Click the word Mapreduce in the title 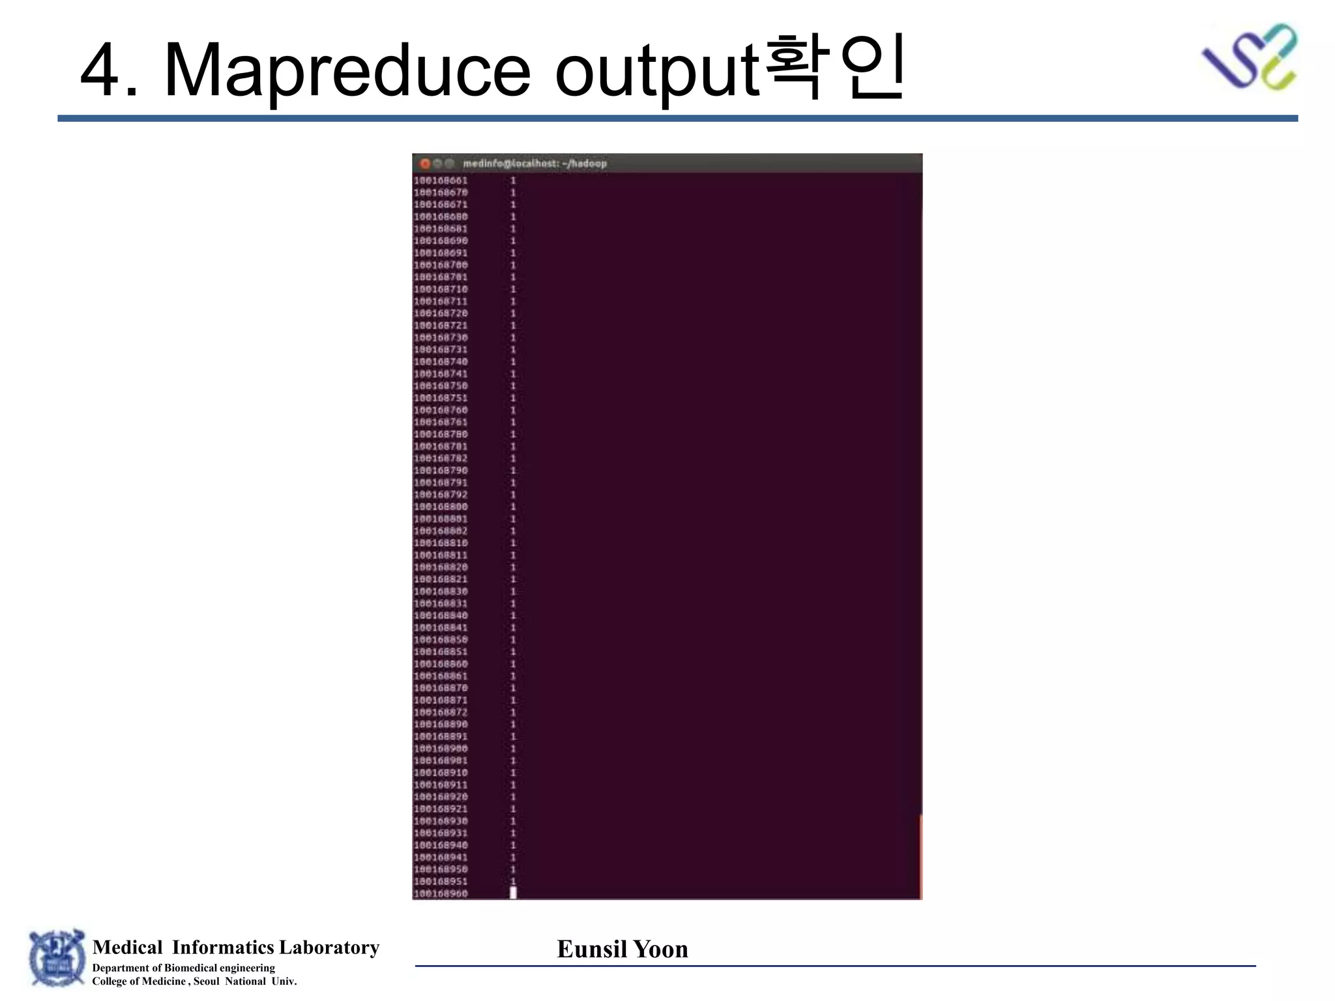click(347, 70)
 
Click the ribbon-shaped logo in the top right click(1249, 57)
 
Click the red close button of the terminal click(425, 164)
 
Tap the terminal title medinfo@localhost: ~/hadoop click(535, 164)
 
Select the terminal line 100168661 click(441, 181)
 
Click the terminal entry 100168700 click(441, 265)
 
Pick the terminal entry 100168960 click(441, 893)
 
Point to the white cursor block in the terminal click(513, 893)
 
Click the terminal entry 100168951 click(441, 881)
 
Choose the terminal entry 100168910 click(441, 772)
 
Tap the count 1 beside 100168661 click(513, 181)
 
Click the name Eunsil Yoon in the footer click(623, 949)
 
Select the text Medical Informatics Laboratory click(236, 947)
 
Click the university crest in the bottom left click(57, 958)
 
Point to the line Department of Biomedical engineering click(183, 968)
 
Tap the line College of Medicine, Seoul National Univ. click(194, 981)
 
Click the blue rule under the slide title click(678, 119)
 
